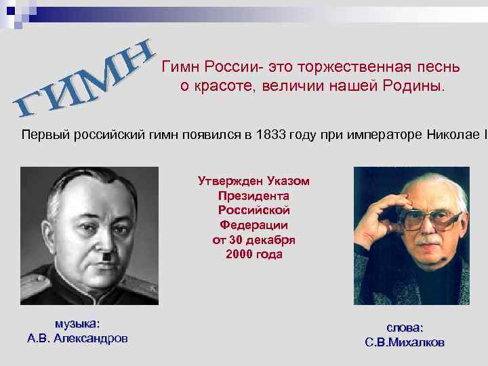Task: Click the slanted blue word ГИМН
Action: coord(85,80)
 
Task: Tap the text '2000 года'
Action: coord(253,255)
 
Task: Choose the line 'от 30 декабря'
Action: coord(253,240)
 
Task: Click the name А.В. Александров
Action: coord(77,338)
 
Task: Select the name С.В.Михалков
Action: coord(405,343)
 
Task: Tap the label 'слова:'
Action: coord(405,327)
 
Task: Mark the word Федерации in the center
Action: coord(253,224)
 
